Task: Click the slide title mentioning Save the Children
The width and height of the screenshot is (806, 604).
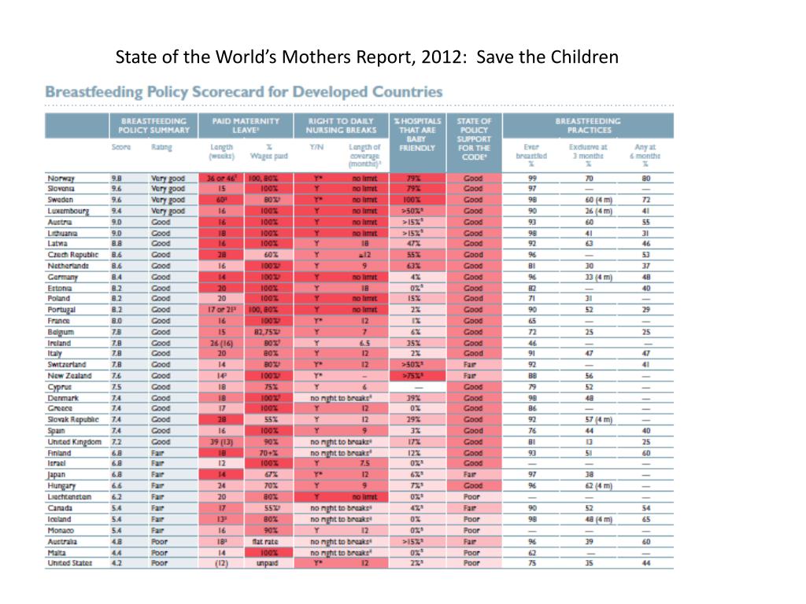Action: [x=368, y=57]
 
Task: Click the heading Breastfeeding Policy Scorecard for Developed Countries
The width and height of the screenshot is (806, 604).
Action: [x=243, y=92]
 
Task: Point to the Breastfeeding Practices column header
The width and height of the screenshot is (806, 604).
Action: [x=587, y=125]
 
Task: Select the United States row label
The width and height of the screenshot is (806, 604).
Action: [x=69, y=563]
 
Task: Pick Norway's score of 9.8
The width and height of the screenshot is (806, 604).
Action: [x=116, y=179]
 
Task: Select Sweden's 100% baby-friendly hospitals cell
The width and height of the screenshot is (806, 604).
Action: [x=413, y=201]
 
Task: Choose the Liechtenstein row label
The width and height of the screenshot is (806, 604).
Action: [x=69, y=497]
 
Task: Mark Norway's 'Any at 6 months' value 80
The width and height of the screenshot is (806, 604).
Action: [x=646, y=179]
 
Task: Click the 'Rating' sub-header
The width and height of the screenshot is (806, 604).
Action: [x=161, y=147]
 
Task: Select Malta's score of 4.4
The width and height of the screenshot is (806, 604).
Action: [x=116, y=552]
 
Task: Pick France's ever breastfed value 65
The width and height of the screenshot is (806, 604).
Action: [x=532, y=322]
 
